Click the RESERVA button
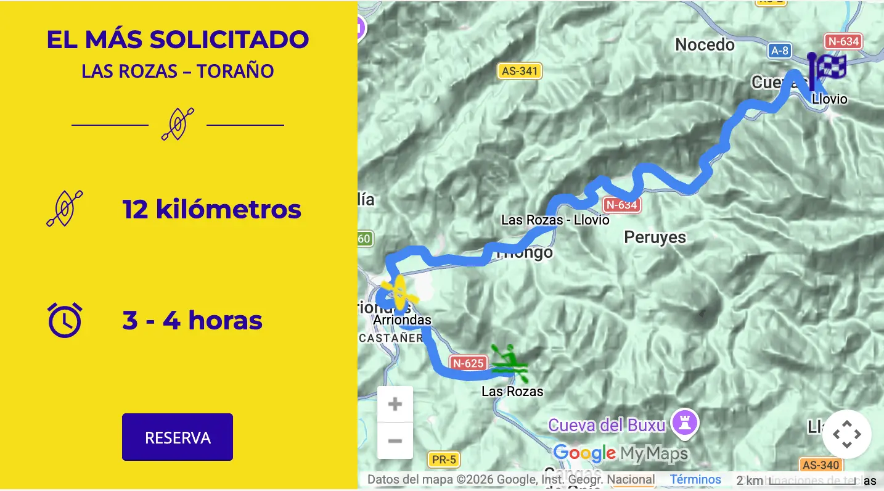[178, 437]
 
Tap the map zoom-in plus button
[395, 405]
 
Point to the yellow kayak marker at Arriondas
[399, 292]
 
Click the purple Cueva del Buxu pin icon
[684, 423]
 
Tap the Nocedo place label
[705, 44]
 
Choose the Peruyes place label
[655, 237]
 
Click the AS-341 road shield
[520, 71]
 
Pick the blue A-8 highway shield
[780, 51]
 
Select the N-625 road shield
[468, 363]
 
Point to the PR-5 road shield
[444, 460]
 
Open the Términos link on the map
[695, 479]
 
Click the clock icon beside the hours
[65, 320]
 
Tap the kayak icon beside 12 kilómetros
[65, 208]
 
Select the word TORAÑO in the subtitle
[235, 71]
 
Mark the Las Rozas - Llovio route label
[555, 220]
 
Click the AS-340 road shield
[821, 465]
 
